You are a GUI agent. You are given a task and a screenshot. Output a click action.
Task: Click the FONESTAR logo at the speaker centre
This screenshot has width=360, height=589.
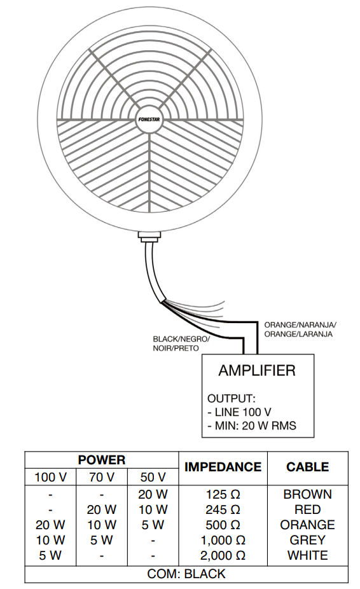tap(150, 120)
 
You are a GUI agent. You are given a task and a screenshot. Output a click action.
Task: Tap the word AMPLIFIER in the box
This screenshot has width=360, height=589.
tap(257, 370)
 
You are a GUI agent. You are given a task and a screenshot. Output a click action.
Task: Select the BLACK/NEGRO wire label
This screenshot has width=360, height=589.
tap(181, 343)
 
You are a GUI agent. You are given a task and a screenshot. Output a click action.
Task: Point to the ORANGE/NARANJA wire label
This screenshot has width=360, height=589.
tap(300, 329)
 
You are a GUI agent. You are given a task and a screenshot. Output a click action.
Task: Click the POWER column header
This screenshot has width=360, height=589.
tap(102, 460)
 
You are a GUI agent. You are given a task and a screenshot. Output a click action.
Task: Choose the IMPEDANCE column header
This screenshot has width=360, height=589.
tap(223, 466)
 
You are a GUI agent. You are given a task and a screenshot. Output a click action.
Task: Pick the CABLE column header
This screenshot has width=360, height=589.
tap(307, 466)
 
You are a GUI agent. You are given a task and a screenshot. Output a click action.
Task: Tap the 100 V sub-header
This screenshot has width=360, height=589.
tap(50, 477)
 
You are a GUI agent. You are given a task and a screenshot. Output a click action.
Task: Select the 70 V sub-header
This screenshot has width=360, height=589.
tap(102, 477)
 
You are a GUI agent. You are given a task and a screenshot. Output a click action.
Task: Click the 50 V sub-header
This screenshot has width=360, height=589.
tap(153, 477)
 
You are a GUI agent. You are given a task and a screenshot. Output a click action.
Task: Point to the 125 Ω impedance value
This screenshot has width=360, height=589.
tap(223, 494)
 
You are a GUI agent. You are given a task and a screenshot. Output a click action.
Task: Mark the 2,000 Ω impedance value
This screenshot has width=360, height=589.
tap(223, 555)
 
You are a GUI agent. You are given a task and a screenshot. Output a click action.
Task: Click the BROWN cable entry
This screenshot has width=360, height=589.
tap(307, 494)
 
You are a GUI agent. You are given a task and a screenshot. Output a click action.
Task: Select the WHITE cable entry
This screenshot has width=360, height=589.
tap(307, 555)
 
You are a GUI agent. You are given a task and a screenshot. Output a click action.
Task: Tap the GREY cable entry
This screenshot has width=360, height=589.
tap(307, 540)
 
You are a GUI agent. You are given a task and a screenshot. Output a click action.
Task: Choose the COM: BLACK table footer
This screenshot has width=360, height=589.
tap(186, 574)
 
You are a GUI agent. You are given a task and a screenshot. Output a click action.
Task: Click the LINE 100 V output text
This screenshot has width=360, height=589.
tap(239, 412)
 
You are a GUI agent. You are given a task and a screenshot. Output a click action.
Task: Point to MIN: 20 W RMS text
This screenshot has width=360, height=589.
tap(252, 426)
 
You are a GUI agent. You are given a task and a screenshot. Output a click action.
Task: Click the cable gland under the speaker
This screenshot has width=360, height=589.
tap(149, 237)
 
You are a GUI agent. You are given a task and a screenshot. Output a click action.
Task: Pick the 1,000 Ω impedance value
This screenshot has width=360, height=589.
tap(223, 540)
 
